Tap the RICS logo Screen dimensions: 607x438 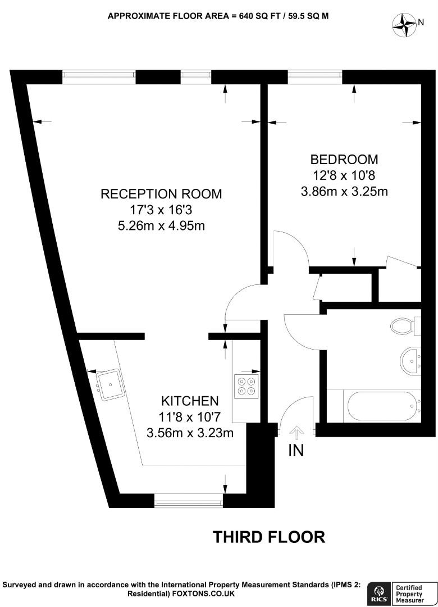coord(377,594)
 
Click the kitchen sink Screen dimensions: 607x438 coord(109,384)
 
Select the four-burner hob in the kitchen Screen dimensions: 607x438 coord(245,386)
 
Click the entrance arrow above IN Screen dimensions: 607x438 coord(296,432)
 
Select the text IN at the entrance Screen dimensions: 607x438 coord(296,450)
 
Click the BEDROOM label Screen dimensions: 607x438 coord(345,160)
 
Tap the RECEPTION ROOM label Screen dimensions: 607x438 coord(161,194)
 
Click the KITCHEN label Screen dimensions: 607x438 coord(190,401)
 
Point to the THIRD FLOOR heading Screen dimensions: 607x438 coord(268,537)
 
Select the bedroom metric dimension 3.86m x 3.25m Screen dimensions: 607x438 coord(345,192)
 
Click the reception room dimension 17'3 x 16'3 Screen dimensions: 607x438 coord(161,210)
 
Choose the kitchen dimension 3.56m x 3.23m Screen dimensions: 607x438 coord(190,433)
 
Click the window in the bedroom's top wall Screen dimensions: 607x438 coord(315,77)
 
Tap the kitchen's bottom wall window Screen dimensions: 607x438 coord(189,500)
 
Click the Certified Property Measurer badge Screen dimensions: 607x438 coord(413,594)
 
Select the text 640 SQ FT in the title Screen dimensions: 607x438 coord(250,16)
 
